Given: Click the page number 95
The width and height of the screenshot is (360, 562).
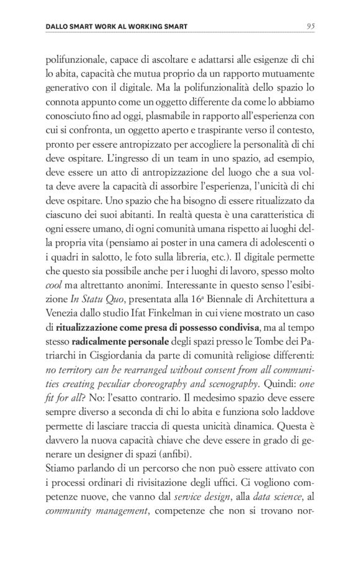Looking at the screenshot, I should pyautogui.click(x=312, y=26).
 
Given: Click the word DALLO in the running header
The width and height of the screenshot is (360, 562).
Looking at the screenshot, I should pyautogui.click(x=59, y=27).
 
